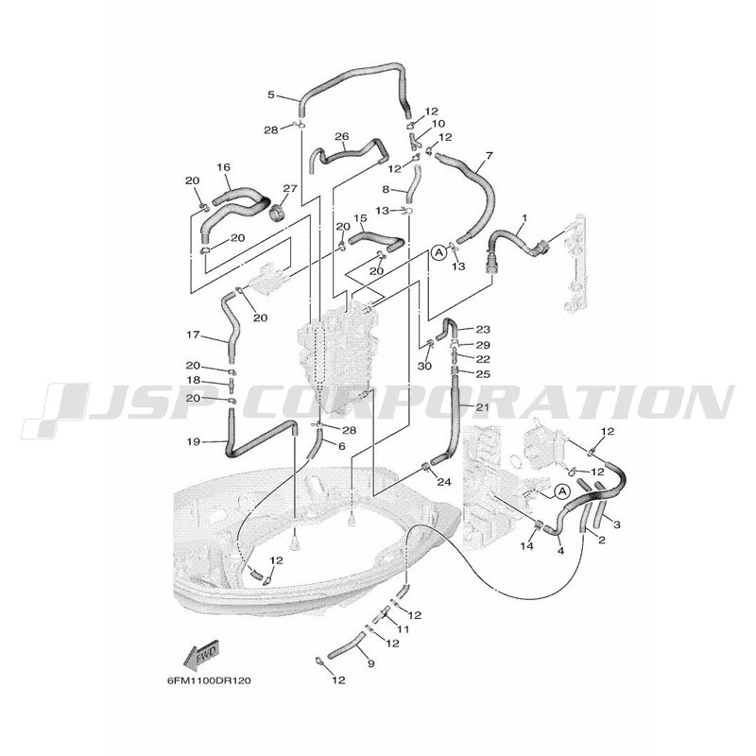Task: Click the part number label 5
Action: [x=271, y=94]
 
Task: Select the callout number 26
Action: [x=341, y=136]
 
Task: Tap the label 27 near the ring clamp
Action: [x=290, y=188]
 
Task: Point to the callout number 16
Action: [x=224, y=167]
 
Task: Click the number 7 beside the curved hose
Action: [x=490, y=156]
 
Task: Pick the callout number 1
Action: [x=524, y=218]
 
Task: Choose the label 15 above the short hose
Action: [x=360, y=218]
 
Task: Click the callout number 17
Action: [x=193, y=335]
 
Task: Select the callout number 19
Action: [x=194, y=441]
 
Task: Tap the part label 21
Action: [x=482, y=407]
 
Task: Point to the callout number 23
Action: [x=483, y=329]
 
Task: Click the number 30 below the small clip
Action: [x=424, y=366]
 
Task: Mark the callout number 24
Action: [x=443, y=481]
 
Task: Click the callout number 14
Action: [x=527, y=546]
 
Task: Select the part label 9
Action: [x=370, y=663]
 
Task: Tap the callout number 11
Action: [x=403, y=629]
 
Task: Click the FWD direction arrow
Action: [x=201, y=655]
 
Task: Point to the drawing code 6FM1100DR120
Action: [x=209, y=680]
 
